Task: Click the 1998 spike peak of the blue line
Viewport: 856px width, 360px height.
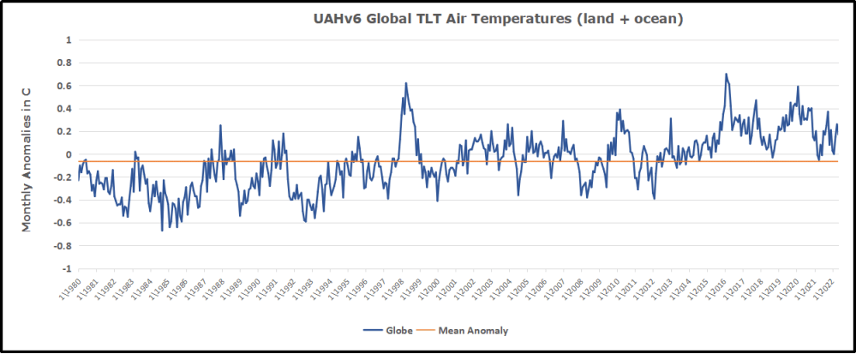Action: click(x=405, y=83)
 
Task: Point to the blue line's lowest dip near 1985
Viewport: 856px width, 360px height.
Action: click(x=162, y=231)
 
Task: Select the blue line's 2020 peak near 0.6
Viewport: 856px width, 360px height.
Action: click(x=798, y=86)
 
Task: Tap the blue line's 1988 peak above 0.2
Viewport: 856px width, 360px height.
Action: click(x=220, y=125)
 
